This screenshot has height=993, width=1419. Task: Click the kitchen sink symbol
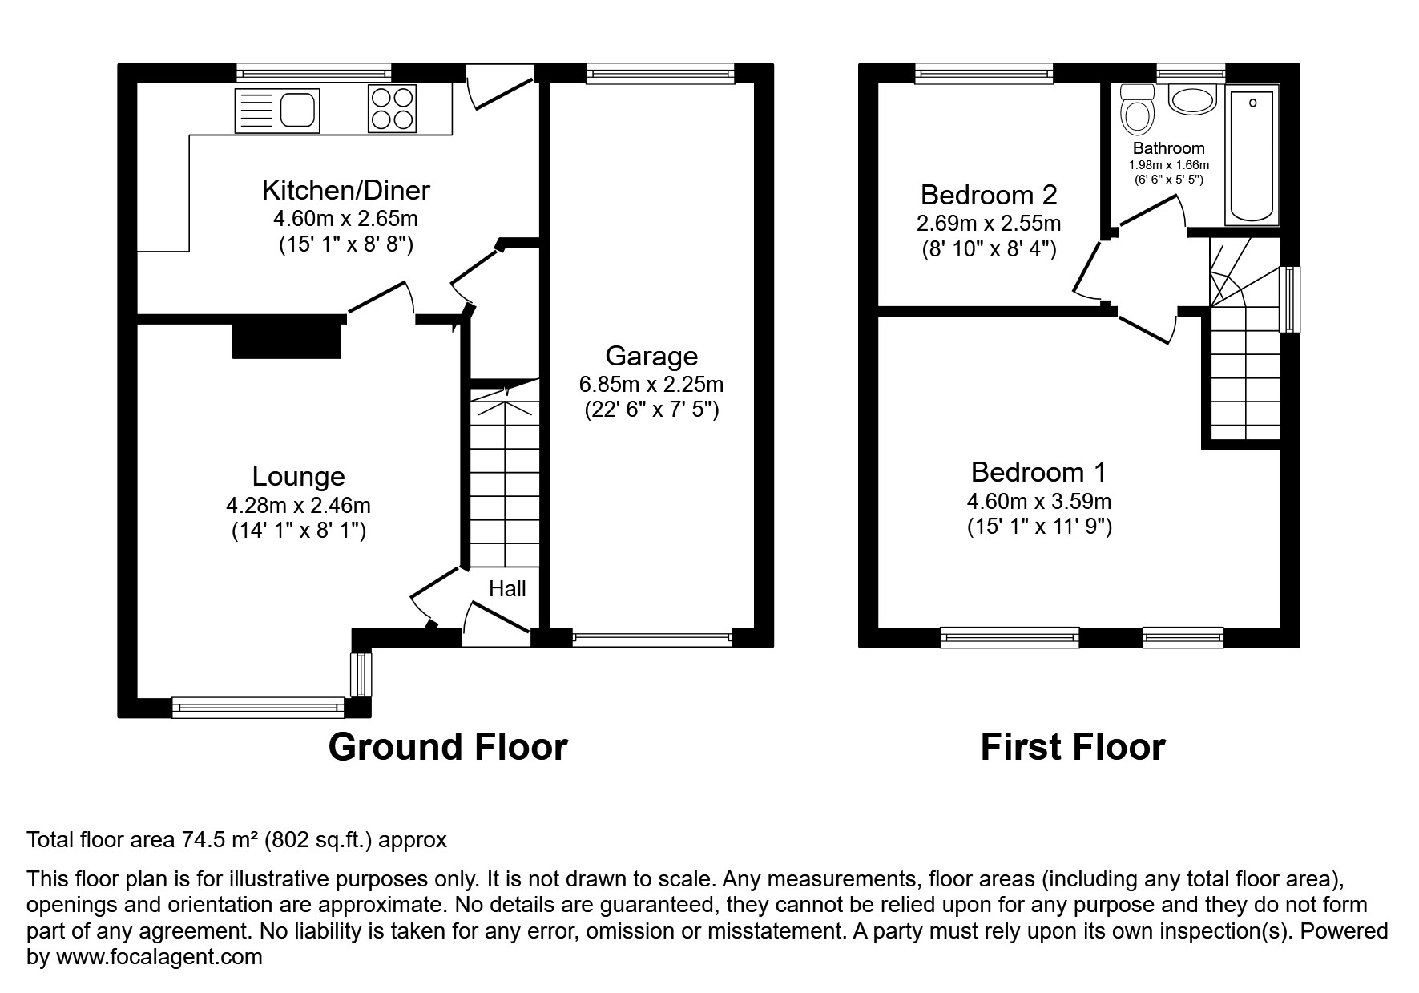pyautogui.click(x=276, y=110)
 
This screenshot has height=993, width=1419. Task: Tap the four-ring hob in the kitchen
pyautogui.click(x=393, y=108)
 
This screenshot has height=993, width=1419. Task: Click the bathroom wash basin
pyautogui.click(x=1192, y=99)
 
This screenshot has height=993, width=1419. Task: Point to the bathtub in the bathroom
pyautogui.click(x=1252, y=156)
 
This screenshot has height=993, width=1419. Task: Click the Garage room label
pyautogui.click(x=651, y=356)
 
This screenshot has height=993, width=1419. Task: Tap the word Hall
pyautogui.click(x=507, y=589)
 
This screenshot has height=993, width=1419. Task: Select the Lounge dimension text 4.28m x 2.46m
pyautogui.click(x=298, y=506)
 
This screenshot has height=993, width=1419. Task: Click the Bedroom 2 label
pyautogui.click(x=989, y=195)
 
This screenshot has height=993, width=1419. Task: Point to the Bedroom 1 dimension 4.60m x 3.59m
pyautogui.click(x=1038, y=502)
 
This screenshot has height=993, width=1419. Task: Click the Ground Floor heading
pyautogui.click(x=447, y=747)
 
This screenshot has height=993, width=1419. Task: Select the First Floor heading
pyautogui.click(x=1072, y=747)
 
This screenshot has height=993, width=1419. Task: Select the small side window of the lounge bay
pyautogui.click(x=361, y=675)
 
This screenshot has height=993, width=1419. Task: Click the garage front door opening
pyautogui.click(x=651, y=638)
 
